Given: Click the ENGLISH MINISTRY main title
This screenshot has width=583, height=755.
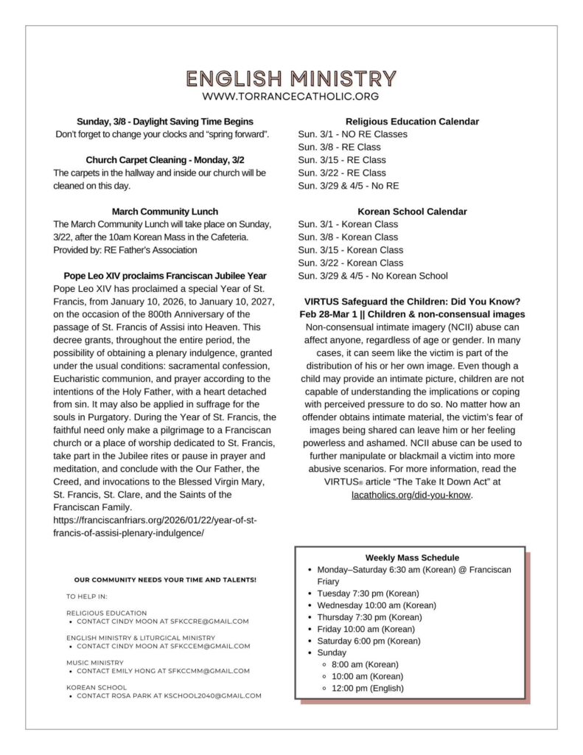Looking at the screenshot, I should point(291,78).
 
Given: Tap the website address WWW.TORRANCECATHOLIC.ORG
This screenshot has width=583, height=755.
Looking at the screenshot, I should point(291,97).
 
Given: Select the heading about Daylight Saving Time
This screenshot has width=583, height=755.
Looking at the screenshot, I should point(165,121).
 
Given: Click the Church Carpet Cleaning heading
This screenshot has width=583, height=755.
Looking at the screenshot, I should point(165,160).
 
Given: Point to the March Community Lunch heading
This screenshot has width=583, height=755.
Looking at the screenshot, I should point(165,212).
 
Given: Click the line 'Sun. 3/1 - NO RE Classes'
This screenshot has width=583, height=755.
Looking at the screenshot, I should point(352,134).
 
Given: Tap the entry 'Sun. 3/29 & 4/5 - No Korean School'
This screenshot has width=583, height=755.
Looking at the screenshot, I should point(372,276).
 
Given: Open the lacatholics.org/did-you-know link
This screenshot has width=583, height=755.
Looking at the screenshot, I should point(411,495).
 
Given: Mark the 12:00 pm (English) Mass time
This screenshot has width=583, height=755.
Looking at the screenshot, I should point(368,688).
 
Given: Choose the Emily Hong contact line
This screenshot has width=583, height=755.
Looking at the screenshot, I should point(163,671).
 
